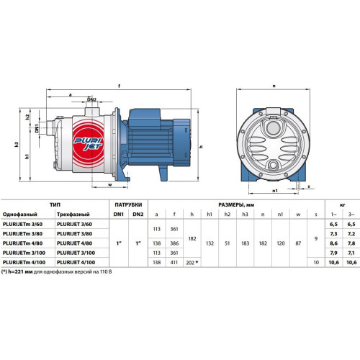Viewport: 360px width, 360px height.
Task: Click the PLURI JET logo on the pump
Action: (88, 143)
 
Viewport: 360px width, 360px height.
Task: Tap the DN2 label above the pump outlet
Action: (91, 99)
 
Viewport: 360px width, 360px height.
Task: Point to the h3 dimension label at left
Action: (17, 144)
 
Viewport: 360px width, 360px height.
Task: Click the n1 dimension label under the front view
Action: (275, 191)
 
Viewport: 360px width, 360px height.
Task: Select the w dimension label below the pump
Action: (110, 185)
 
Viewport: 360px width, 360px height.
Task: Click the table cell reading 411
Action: (174, 262)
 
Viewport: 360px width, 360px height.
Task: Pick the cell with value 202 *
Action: (192, 263)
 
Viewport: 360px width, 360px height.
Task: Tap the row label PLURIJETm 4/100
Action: (24, 262)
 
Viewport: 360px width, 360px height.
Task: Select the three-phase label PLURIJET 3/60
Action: (74, 224)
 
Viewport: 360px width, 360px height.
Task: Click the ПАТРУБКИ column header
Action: (128, 204)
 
